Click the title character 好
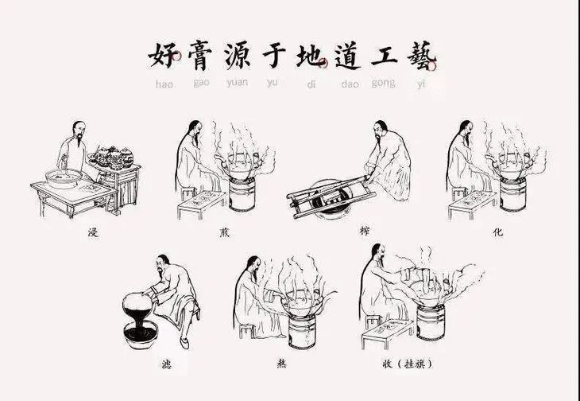click(x=163, y=56)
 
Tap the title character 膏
click(x=200, y=56)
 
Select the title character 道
click(x=347, y=56)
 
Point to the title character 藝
click(x=421, y=56)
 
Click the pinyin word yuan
click(x=237, y=82)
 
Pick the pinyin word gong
click(x=383, y=83)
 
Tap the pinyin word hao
click(x=164, y=84)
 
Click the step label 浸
click(x=93, y=232)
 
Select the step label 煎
click(x=223, y=232)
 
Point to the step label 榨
click(x=365, y=231)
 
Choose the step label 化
click(x=497, y=232)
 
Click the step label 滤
click(x=167, y=364)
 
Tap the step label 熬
click(x=281, y=364)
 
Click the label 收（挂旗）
click(x=408, y=364)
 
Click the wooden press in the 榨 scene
click(x=331, y=197)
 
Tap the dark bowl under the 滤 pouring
click(x=141, y=335)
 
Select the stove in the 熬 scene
click(x=302, y=332)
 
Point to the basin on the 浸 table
click(x=64, y=178)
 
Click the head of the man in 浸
click(x=79, y=129)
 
